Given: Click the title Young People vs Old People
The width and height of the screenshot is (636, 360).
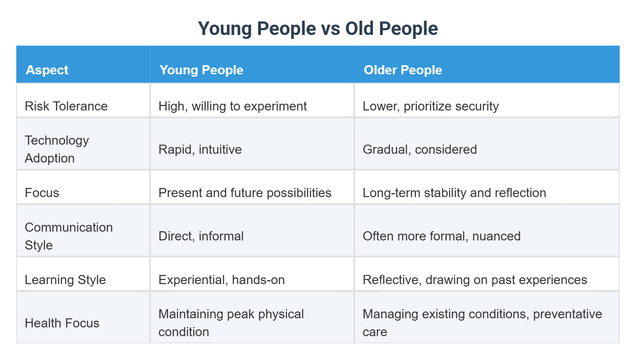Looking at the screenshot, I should [x=318, y=29].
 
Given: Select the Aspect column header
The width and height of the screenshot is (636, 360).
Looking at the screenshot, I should [x=47, y=70].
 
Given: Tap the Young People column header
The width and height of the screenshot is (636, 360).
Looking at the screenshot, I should [x=201, y=70].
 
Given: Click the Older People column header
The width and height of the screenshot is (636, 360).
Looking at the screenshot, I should [x=403, y=70].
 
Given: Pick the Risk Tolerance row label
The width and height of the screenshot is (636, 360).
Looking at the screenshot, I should [x=66, y=106].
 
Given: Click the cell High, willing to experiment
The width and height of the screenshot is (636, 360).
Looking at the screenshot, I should [x=233, y=106].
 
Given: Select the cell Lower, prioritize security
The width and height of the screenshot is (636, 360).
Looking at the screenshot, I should [x=430, y=106].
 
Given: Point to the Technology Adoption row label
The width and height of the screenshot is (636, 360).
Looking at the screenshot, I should [x=57, y=149].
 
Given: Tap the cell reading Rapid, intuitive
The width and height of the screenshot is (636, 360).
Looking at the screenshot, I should [x=200, y=149].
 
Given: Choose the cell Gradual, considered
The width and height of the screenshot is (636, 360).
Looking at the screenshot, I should [x=420, y=149].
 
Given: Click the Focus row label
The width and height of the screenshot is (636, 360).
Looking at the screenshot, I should [x=42, y=193].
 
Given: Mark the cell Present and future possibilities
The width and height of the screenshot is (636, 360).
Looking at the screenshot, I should [x=245, y=193].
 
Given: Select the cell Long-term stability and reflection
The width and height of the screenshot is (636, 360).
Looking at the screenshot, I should [x=454, y=193].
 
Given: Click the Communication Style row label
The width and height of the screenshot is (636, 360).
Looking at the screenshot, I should [x=68, y=236].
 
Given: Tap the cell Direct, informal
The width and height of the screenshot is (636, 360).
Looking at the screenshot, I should [x=201, y=236].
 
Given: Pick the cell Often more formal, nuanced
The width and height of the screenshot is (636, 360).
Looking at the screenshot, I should [x=442, y=236].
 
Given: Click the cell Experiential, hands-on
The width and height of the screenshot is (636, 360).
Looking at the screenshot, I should [x=221, y=280].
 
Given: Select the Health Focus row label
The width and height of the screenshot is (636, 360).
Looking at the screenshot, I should [x=62, y=323].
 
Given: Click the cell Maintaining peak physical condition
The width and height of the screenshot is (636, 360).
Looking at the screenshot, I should [x=231, y=323].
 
